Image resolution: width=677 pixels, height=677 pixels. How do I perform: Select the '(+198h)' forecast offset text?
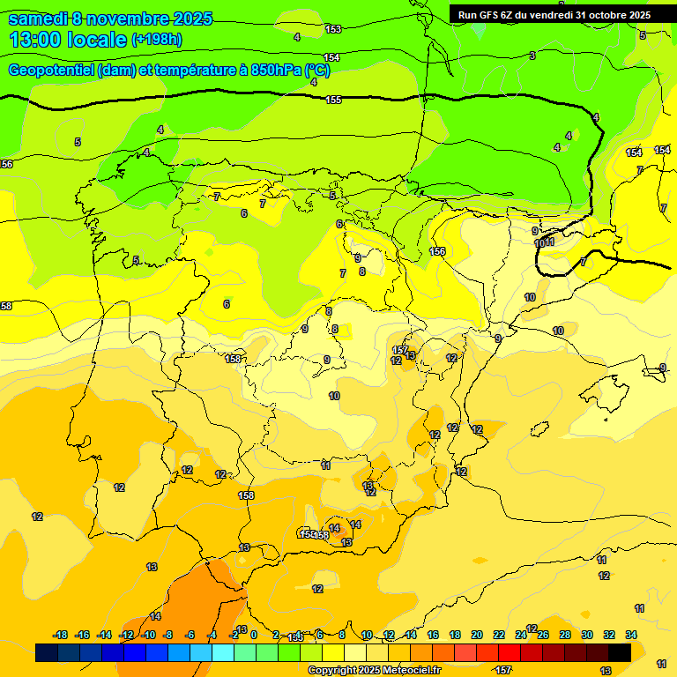click(156, 40)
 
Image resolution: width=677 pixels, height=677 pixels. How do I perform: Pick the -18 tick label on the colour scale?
click(61, 635)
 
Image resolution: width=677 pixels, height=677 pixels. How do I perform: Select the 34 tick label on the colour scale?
click(631, 635)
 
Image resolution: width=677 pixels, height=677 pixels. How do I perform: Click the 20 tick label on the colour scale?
click(477, 635)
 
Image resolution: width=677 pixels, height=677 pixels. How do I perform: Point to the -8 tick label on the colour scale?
click(167, 635)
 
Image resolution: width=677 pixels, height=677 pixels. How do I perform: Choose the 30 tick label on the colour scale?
click(587, 635)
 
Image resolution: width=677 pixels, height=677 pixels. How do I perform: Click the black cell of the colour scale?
click(620, 652)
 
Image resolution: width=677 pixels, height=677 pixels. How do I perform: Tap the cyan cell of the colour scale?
click(223, 652)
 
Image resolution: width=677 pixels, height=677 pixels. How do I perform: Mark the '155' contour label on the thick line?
click(333, 100)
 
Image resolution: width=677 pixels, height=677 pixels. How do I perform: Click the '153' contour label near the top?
click(332, 29)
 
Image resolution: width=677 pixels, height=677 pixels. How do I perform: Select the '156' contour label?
click(437, 251)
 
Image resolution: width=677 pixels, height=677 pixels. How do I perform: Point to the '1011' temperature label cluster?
click(544, 242)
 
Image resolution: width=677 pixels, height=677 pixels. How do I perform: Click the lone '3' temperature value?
click(532, 56)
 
